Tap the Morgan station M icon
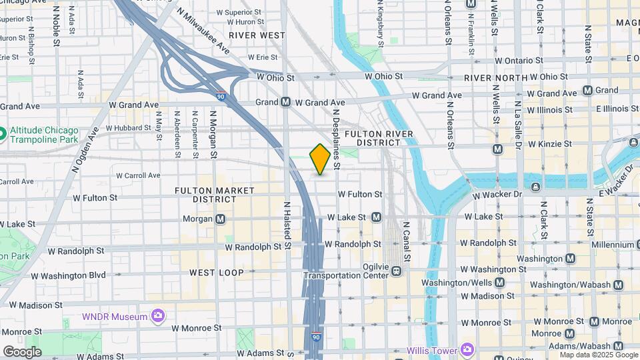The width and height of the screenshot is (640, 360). click(x=220, y=219)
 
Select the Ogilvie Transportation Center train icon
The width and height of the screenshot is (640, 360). click(x=396, y=271)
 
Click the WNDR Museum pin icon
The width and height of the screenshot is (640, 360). click(x=157, y=315)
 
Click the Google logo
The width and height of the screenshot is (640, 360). click(x=22, y=352)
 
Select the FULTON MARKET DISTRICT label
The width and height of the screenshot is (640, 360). click(x=215, y=195)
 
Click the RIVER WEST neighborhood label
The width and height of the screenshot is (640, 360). click(x=257, y=35)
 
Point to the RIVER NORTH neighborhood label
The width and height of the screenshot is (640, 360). click(x=492, y=78)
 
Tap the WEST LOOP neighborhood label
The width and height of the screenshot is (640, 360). click(x=217, y=273)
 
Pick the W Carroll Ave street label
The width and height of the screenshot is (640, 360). click(x=138, y=175)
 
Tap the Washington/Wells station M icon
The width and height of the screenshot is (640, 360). click(x=500, y=282)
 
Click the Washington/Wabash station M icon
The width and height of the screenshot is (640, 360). click(x=618, y=285)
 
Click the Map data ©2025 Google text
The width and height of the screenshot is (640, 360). click(x=599, y=355)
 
